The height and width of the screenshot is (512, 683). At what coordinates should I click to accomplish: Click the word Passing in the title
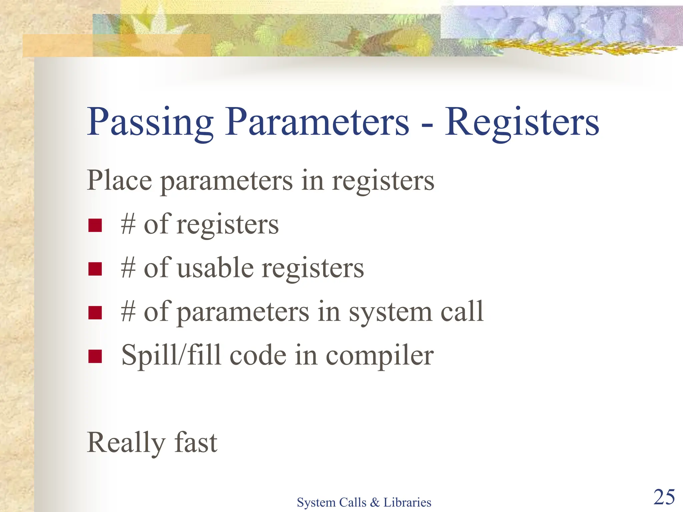[x=150, y=123]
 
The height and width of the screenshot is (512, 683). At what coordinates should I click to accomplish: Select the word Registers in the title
[x=522, y=123]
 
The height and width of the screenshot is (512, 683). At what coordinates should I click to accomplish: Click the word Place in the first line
[x=119, y=180]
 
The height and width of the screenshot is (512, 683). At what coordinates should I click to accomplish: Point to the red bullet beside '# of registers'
[x=95, y=225]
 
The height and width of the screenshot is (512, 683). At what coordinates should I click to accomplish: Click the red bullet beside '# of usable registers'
[x=95, y=269]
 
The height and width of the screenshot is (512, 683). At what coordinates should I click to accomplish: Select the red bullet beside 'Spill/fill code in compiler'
[x=95, y=356]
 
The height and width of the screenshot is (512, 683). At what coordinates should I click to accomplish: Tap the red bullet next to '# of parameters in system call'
[x=95, y=313]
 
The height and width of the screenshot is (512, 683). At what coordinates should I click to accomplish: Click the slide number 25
[x=664, y=497]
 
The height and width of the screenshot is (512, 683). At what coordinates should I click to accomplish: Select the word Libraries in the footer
[x=407, y=502]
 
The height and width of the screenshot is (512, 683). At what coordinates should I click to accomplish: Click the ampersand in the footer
[x=375, y=502]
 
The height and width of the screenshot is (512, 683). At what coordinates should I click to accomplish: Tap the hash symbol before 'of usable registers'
[x=128, y=268]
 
